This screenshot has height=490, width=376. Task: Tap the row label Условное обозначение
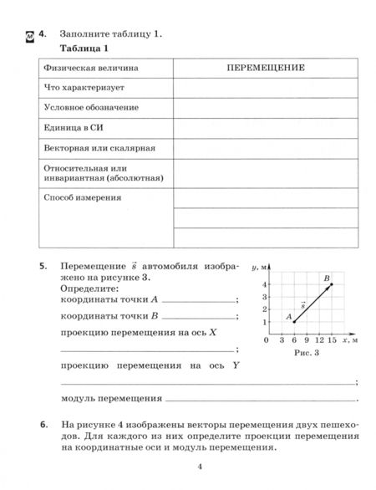(x=90, y=107)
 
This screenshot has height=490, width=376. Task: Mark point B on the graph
(x=331, y=284)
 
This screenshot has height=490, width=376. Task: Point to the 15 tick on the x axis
(x=332, y=341)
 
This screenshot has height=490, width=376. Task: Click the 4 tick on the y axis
(x=264, y=284)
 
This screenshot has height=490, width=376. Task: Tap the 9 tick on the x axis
(x=307, y=341)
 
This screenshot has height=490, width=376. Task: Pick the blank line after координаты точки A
(x=199, y=300)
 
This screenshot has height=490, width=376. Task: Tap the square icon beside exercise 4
(x=29, y=35)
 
